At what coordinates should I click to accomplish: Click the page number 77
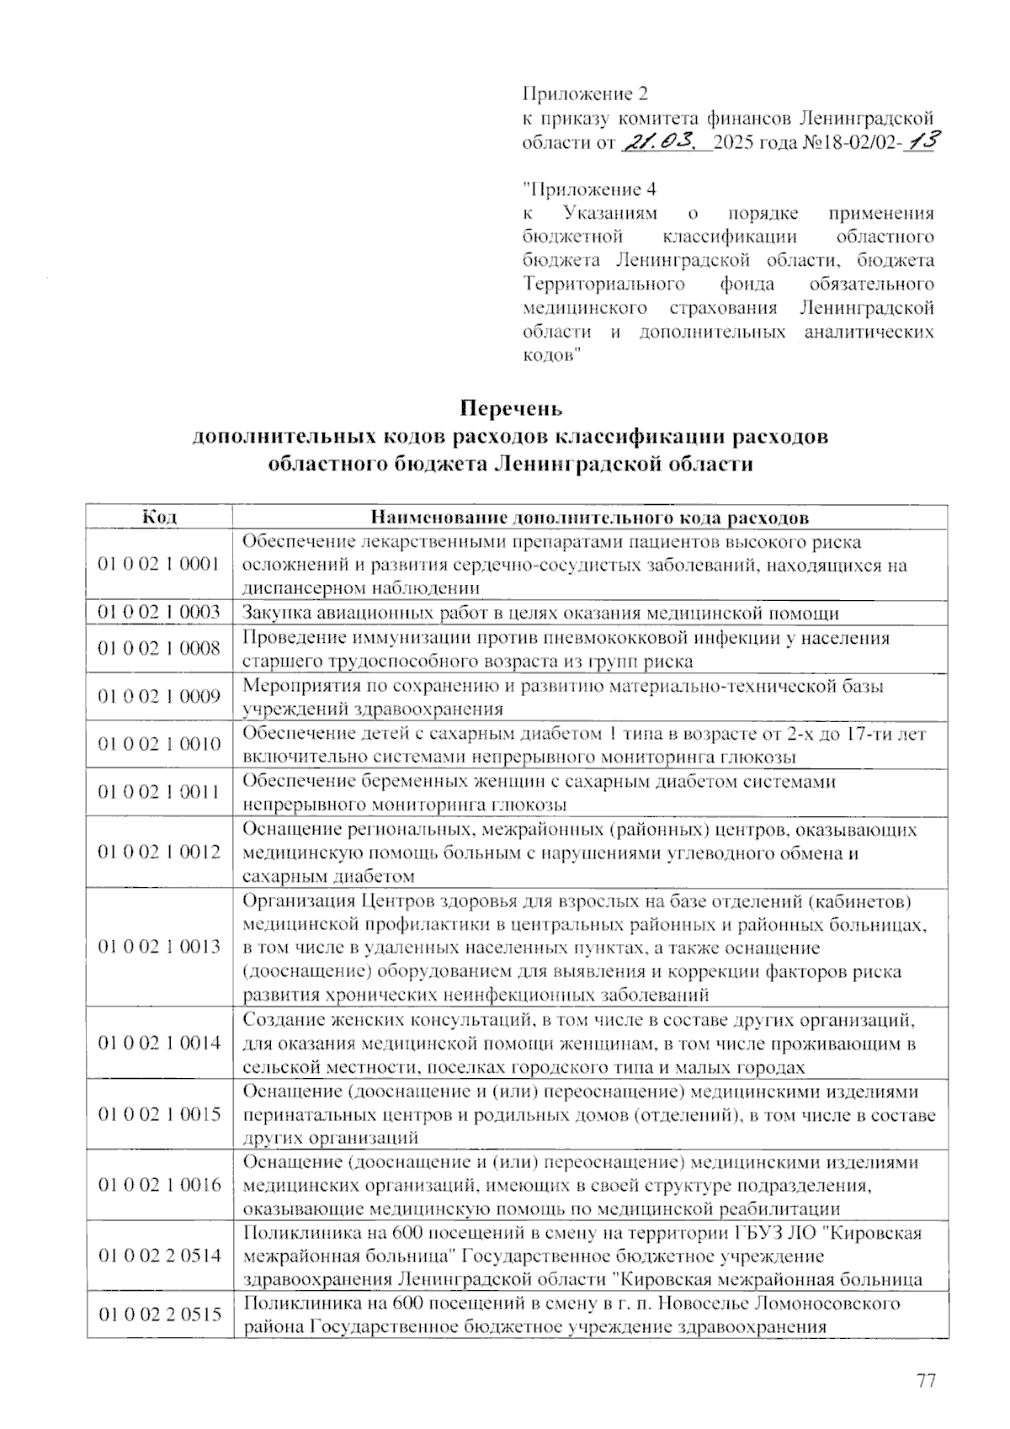click(x=926, y=1381)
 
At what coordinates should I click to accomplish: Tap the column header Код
click(x=159, y=516)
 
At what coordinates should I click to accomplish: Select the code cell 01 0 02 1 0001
click(x=159, y=564)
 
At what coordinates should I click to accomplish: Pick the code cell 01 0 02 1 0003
click(x=159, y=612)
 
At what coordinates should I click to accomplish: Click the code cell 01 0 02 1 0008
click(x=159, y=648)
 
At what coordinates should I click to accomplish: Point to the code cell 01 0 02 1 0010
click(x=159, y=744)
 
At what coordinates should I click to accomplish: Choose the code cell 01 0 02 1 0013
click(x=159, y=947)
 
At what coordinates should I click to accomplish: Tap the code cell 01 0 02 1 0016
click(x=159, y=1185)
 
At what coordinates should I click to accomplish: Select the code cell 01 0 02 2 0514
click(x=159, y=1256)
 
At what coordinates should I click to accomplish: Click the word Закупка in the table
click(x=275, y=613)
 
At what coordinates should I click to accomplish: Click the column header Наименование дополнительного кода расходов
click(x=590, y=516)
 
